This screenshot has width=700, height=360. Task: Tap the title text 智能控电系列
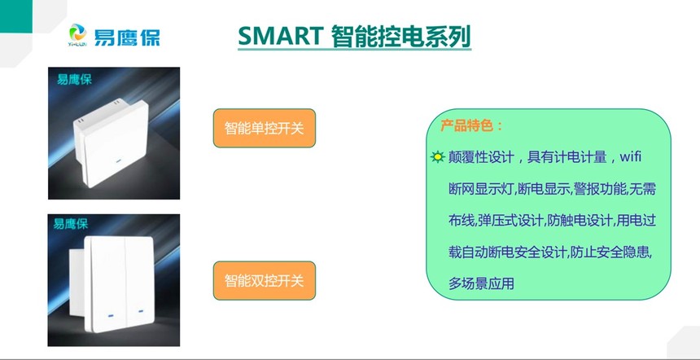[x=402, y=36]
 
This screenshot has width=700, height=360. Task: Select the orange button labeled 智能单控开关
[x=264, y=129]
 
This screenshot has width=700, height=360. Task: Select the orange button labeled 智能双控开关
[x=264, y=281]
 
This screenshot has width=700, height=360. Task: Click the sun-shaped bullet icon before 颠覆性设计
[x=438, y=156]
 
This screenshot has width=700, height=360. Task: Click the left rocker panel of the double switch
[x=109, y=277]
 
